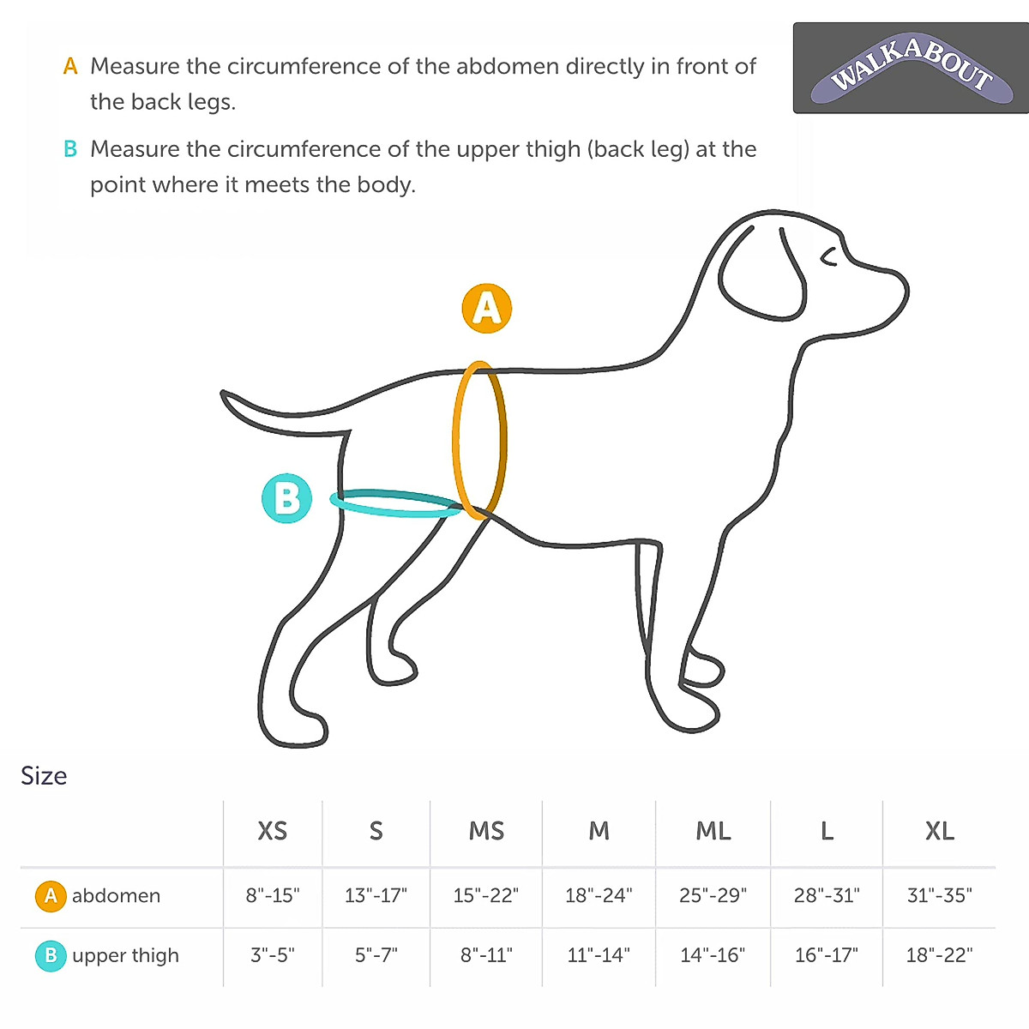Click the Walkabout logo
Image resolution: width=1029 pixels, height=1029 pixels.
pos(911,68)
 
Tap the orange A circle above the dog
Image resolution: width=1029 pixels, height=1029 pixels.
pos(486,309)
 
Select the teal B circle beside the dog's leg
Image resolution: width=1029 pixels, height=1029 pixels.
pos(286,498)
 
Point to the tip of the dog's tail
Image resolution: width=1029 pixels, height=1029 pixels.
pos(226,395)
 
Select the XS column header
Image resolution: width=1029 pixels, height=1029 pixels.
pos(273,831)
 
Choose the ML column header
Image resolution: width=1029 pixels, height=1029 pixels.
pos(713,831)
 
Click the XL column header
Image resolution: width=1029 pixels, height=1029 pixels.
pos(939,831)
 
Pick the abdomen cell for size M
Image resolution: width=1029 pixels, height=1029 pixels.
pos(599,895)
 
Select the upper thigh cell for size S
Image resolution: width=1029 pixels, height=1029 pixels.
pos(376,955)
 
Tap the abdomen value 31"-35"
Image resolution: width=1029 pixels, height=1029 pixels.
pos(939,895)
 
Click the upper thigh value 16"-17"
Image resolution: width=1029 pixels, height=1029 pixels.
pos(826,955)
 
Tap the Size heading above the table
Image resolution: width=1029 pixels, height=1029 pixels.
pos(44,776)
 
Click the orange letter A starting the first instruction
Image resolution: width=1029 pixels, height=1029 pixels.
pos(70,66)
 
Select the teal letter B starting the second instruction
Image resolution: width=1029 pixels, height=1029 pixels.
pos(70,149)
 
